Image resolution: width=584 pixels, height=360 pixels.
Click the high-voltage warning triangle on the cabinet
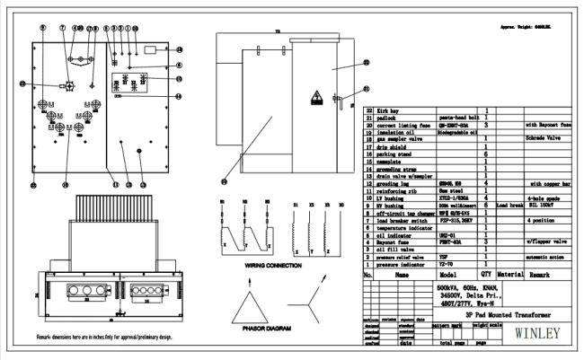click(x=316, y=96)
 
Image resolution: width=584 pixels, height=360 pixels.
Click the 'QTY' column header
click(x=486, y=275)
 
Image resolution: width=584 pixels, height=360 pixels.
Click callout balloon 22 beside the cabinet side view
click(x=366, y=62)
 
